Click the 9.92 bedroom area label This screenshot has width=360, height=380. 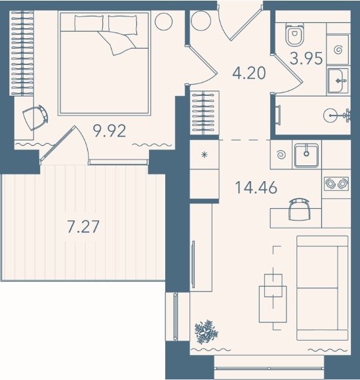[110, 131]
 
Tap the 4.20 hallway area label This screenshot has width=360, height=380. [249, 74]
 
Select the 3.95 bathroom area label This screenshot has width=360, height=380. [306, 58]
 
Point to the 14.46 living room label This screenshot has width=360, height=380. [256, 188]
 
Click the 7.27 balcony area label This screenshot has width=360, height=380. [83, 227]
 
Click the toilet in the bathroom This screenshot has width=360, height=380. [294, 34]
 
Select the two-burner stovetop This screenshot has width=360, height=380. [336, 184]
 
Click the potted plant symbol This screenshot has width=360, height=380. [207, 332]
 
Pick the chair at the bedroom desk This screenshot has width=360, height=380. [35, 117]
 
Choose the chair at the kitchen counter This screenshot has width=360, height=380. [299, 209]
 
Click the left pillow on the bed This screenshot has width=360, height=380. [89, 23]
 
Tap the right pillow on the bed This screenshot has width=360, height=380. [123, 24]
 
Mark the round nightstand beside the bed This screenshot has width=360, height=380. [164, 22]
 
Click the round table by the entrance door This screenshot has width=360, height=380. [200, 22]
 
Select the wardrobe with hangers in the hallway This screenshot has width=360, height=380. [205, 113]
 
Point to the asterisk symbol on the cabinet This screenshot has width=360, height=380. [205, 155]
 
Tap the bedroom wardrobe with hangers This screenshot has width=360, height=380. [22, 53]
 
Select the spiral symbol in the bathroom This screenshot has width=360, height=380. [338, 50]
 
